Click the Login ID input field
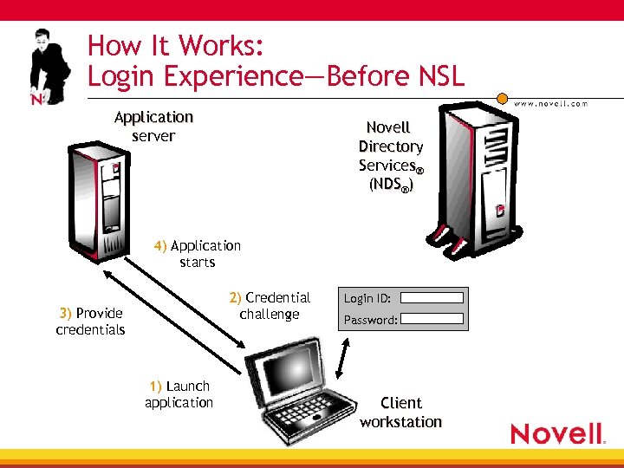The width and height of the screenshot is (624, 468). coord(432,297)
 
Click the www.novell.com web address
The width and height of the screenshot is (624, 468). coord(550,103)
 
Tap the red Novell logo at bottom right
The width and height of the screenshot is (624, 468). coord(557,432)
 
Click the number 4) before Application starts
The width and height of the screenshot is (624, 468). coord(160,246)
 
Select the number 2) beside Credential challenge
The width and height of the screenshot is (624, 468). coord(235,298)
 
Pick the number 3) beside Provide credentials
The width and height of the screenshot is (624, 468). coord(65,313)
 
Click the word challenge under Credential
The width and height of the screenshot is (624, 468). coord(270,315)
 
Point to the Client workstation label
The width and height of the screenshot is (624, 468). coord(400,413)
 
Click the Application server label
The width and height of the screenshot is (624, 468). coord(153,127)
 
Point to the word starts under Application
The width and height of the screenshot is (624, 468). coord(198,263)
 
